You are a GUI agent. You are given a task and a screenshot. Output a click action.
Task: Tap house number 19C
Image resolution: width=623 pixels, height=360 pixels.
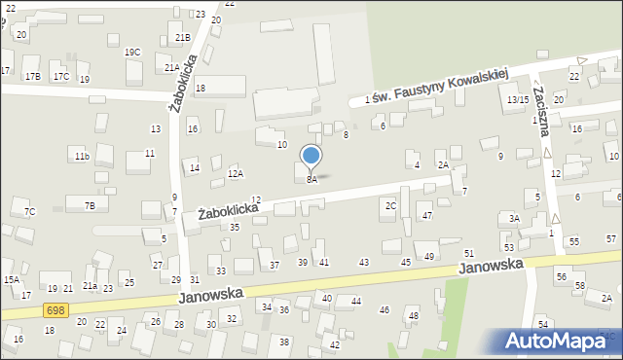pos(132,52)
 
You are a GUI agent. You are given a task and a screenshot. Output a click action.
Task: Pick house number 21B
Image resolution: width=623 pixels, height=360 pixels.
pos(182,37)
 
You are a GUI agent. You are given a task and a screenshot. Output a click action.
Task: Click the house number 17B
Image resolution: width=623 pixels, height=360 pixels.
pos(32,76)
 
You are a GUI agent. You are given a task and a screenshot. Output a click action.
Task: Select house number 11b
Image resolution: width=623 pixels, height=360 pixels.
pos(82,156)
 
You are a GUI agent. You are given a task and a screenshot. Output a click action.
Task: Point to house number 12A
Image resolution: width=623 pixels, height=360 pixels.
pos(235,173)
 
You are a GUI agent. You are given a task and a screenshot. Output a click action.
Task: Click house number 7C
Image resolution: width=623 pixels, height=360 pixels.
pos(29,211)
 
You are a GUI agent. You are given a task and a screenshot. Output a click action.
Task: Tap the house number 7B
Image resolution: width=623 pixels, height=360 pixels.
pos(90,205)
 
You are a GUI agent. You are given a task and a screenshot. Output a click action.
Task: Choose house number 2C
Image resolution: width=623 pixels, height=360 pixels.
pos(390,205)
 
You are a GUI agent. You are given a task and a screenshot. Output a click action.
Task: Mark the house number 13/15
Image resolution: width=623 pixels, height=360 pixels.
pos(517,99)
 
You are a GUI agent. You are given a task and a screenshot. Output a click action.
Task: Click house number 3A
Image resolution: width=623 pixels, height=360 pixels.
pos(514,219)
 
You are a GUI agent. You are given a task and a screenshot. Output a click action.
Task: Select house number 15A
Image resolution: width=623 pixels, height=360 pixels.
pos(11,280)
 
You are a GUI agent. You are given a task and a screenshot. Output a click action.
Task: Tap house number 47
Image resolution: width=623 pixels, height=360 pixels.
pos(426,214)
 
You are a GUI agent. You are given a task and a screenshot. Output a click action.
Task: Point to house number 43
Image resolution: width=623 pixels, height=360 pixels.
pos(364,263)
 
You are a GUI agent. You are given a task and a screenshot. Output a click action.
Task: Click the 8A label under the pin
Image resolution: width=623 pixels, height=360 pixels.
pos(311,180)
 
